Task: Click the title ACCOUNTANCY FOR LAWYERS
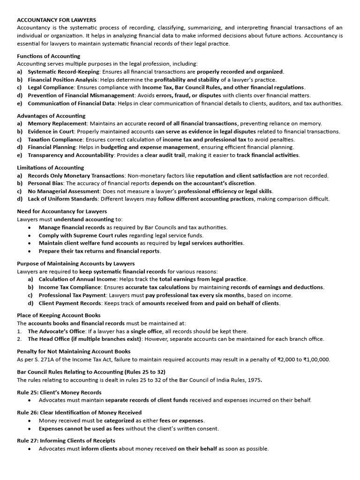pyautogui.click(x=56, y=20)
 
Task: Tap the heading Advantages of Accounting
pyautogui.click(x=51, y=116)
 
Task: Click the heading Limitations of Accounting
pyautogui.click(x=50, y=167)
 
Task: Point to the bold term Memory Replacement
pyautogui.click(x=58, y=124)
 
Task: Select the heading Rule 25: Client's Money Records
pyautogui.click(x=59, y=392)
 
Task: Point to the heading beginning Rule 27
pyautogui.click(x=66, y=441)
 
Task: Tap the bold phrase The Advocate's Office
pyautogui.click(x=56, y=331)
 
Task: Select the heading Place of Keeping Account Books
pyautogui.click(x=59, y=315)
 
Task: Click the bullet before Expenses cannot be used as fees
pyautogui.click(x=30, y=428)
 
